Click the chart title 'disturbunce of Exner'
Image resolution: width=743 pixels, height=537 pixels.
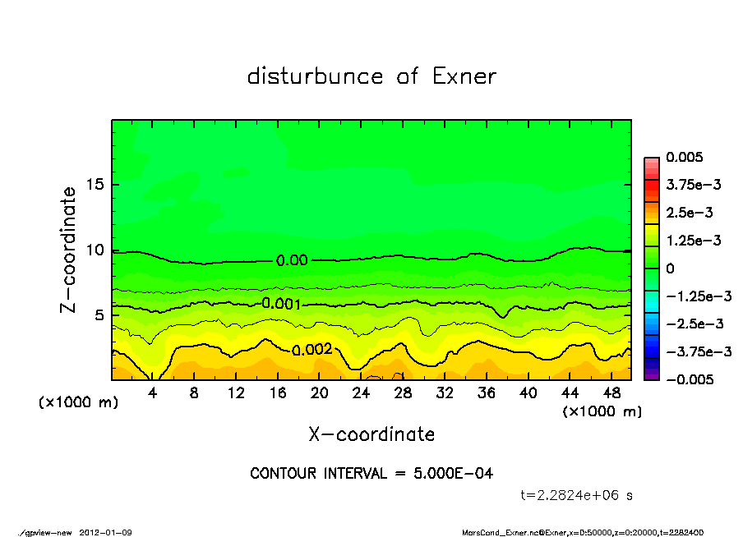(371, 76)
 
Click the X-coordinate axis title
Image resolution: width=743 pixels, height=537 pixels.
(371, 434)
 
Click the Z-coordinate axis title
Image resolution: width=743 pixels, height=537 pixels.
(69, 249)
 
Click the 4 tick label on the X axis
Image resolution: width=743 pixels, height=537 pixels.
(153, 393)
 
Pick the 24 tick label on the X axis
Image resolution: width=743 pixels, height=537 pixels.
(361, 393)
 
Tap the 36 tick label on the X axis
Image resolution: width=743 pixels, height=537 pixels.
(486, 393)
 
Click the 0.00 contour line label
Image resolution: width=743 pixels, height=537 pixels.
(292, 260)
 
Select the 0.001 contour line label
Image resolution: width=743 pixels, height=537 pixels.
(280, 304)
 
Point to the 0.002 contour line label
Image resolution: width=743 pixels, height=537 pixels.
(312, 349)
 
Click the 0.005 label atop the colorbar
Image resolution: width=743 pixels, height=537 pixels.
(685, 157)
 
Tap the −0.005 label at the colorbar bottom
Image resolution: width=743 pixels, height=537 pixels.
(689, 379)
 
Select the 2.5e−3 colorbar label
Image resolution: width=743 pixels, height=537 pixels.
(689, 213)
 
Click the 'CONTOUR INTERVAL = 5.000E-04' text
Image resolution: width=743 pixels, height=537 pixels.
(371, 473)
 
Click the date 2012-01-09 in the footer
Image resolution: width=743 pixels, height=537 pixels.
(105, 532)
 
